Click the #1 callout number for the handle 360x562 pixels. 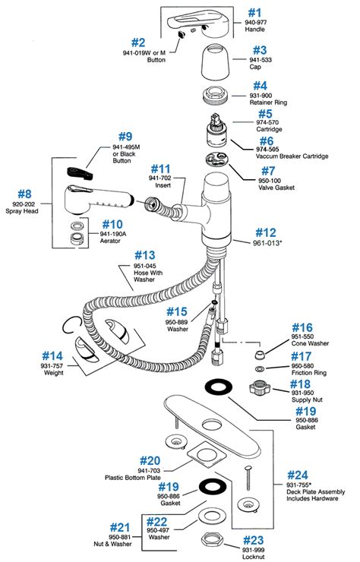click(x=254, y=13)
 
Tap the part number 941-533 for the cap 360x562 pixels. click(x=261, y=60)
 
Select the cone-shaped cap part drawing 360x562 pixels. click(x=215, y=62)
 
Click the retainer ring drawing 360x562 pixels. click(x=215, y=95)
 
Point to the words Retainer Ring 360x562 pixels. click(x=268, y=103)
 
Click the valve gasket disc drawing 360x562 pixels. click(x=217, y=159)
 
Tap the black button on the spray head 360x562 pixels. click(x=80, y=172)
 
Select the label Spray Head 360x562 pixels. click(x=22, y=211)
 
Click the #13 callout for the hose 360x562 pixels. click(x=145, y=255)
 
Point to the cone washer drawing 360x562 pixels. click(x=259, y=355)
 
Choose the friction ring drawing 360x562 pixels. click(x=260, y=368)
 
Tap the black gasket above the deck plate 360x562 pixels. click(x=219, y=388)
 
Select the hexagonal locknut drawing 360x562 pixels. click(x=212, y=539)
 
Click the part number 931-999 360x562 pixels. click(x=253, y=550)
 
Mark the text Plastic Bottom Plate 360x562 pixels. click(x=133, y=478)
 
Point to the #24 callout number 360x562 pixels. click(x=298, y=475)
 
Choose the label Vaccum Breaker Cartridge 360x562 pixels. click(x=292, y=156)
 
